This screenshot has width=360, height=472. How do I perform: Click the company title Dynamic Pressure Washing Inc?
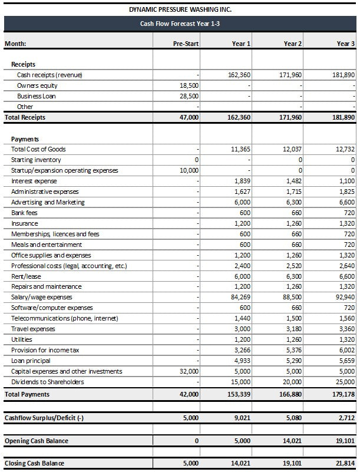pos(179,10)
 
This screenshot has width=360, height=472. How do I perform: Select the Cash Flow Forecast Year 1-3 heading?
pos(180,24)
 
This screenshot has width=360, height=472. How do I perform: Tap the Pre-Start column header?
pos(186,44)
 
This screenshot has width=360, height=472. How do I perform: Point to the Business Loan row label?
pos(36,96)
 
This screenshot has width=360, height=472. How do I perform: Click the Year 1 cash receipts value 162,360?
pos(239,75)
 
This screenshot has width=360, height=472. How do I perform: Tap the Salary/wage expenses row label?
pos(41,297)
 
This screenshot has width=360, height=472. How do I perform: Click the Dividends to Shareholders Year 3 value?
pos(345,382)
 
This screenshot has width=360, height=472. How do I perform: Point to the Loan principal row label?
pos(31,361)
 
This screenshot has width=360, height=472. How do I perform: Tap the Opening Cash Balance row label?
pos(36,441)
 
